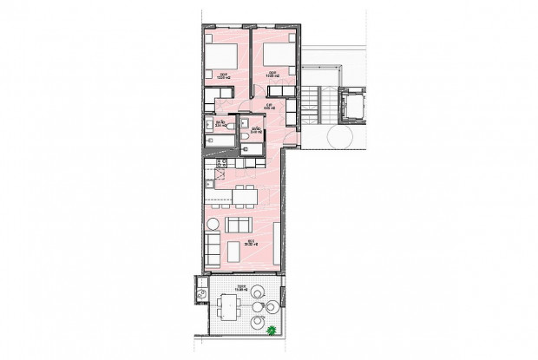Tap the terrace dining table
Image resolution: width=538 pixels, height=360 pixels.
(230, 306)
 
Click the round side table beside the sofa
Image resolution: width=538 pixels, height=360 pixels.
(211, 226)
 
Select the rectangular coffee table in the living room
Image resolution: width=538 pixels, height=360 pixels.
(233, 251)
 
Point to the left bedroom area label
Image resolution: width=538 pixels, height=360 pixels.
(223, 75)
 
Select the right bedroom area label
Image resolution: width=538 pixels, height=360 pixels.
(272, 75)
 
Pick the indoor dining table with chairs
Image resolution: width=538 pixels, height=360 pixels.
(244, 196)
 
